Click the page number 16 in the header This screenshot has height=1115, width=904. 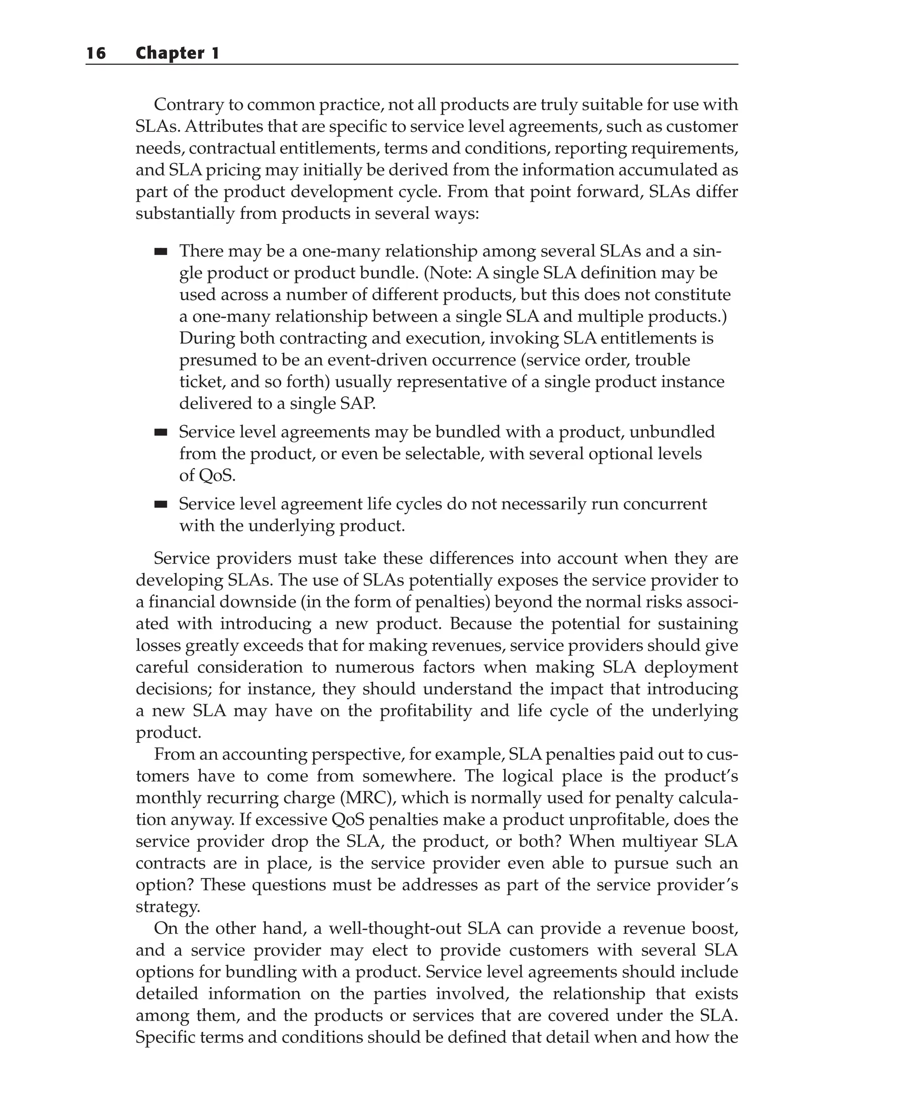[x=96, y=53]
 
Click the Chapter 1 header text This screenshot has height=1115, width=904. [x=177, y=53]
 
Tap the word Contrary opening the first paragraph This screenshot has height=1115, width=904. [x=189, y=105]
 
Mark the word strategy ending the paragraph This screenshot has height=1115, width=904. [x=167, y=907]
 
